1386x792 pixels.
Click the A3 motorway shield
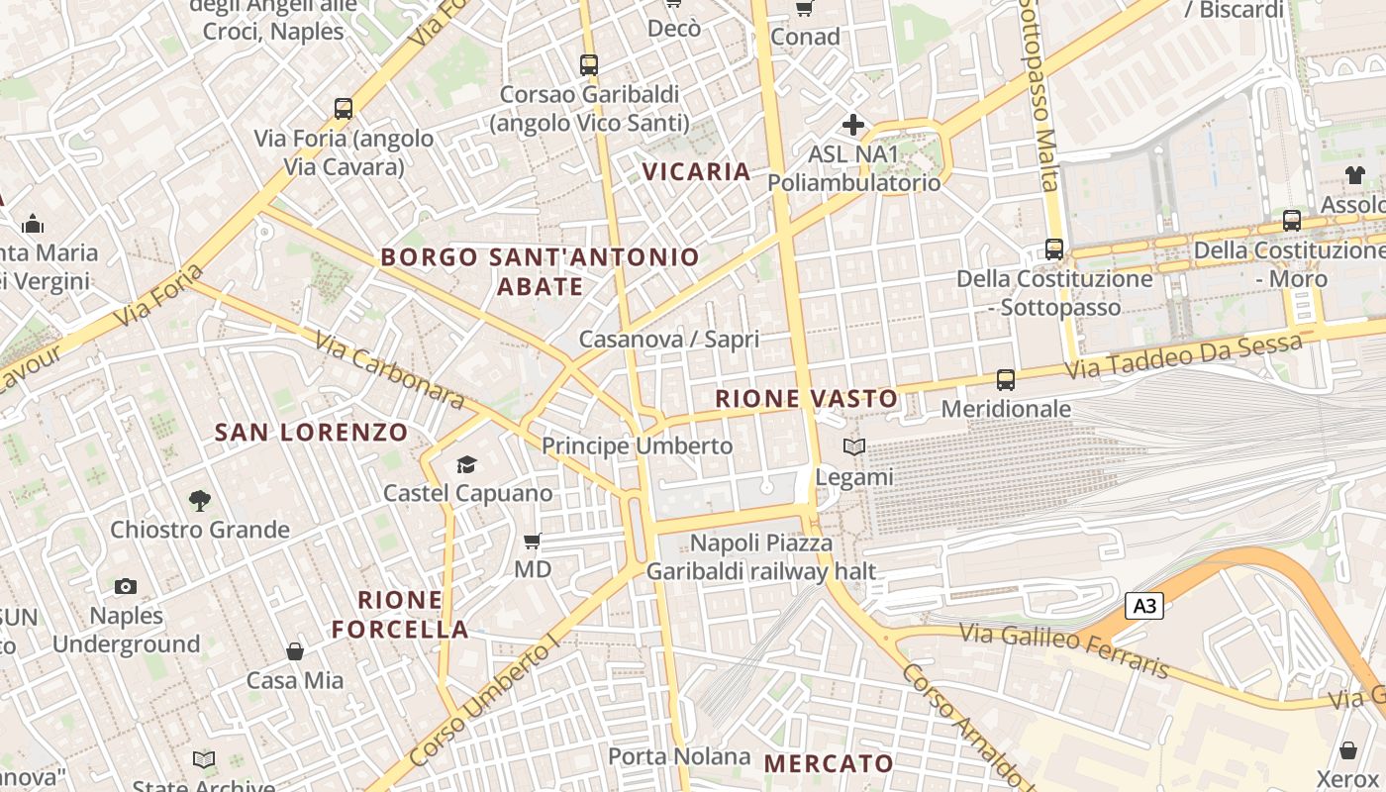pyautogui.click(x=1143, y=606)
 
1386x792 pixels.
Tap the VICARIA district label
pyautogui.click(x=697, y=171)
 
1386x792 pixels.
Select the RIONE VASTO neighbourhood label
pyautogui.click(x=807, y=399)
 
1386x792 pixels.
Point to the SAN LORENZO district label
pyautogui.click(x=311, y=433)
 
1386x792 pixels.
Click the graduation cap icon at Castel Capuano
pyautogui.click(x=466, y=464)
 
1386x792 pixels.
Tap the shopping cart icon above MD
pyautogui.click(x=533, y=541)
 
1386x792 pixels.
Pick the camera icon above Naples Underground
pyautogui.click(x=126, y=586)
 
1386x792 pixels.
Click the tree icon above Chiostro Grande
pyautogui.click(x=200, y=501)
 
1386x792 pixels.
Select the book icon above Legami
pyautogui.click(x=853, y=447)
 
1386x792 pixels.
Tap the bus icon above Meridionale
pyautogui.click(x=1006, y=379)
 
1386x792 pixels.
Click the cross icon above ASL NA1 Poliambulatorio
pyautogui.click(x=853, y=125)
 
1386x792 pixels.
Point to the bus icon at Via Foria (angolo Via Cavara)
pyautogui.click(x=344, y=109)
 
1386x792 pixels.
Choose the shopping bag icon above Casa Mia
pyautogui.click(x=295, y=651)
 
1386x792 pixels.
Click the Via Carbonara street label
pyautogui.click(x=390, y=370)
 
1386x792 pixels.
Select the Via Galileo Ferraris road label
pyautogui.click(x=1065, y=650)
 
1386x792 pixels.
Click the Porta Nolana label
pyautogui.click(x=679, y=756)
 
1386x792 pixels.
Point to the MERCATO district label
pyautogui.click(x=830, y=763)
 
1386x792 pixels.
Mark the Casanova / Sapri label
pyautogui.click(x=669, y=340)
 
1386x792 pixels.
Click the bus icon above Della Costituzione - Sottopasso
pyautogui.click(x=1054, y=249)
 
